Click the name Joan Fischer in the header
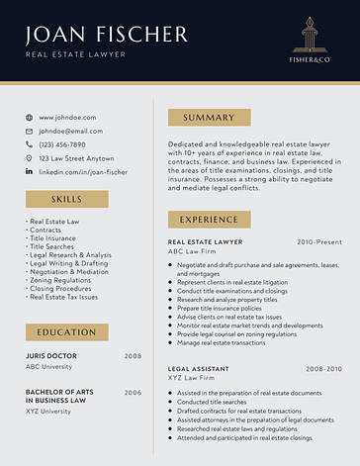(107, 35)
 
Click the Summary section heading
(209, 118)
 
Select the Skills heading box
(66, 199)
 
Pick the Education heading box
(66, 332)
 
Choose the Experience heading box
(209, 219)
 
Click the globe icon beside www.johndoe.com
(29, 118)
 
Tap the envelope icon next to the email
(29, 131)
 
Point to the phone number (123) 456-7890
(62, 144)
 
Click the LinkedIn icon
(29, 171)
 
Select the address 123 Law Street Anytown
(76, 158)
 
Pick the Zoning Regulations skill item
(62, 280)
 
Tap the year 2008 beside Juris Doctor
(133, 355)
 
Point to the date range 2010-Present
(318, 241)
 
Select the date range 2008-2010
(322, 368)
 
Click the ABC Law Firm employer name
(191, 251)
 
